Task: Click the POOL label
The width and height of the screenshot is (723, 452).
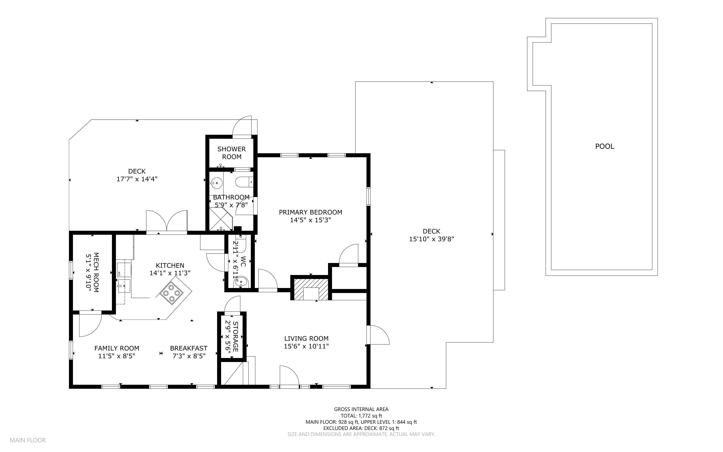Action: (x=604, y=146)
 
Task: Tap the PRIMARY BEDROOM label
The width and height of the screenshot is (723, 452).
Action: (x=310, y=212)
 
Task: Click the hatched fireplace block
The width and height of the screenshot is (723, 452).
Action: (x=311, y=289)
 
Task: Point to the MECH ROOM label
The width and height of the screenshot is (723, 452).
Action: (x=96, y=272)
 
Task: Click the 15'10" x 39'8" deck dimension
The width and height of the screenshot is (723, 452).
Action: (x=431, y=239)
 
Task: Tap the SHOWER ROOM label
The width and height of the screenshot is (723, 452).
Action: (x=231, y=153)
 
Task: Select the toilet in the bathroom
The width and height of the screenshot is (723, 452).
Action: (x=244, y=182)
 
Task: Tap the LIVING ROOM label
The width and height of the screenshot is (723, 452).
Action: (x=306, y=338)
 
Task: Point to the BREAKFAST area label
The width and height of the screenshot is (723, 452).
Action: (x=188, y=348)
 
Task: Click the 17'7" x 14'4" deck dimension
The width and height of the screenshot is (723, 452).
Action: (x=137, y=179)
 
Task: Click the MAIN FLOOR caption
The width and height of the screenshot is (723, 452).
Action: (x=27, y=440)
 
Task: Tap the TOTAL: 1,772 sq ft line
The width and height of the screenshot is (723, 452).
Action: (x=361, y=415)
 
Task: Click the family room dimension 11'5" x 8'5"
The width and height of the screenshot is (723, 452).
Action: (x=116, y=356)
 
